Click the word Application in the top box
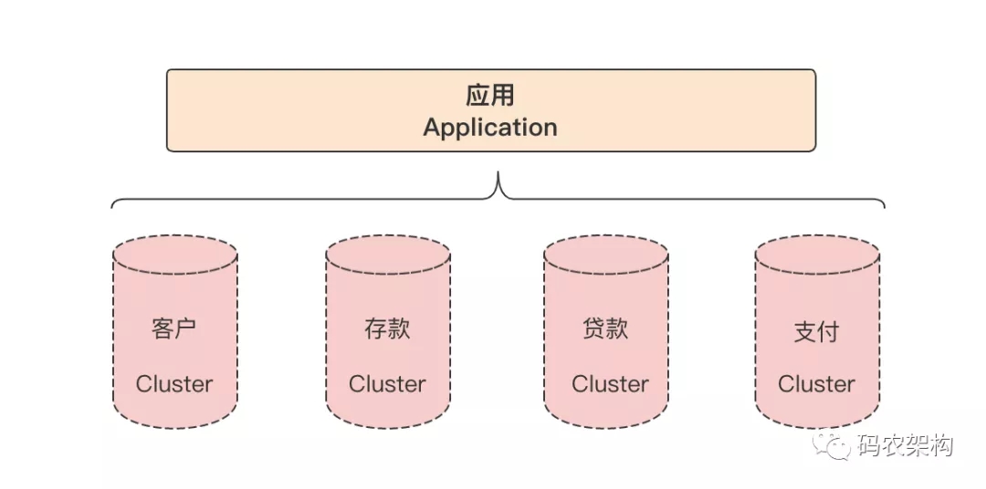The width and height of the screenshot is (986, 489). click(x=490, y=127)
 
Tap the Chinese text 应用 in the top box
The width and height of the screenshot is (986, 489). click(x=490, y=96)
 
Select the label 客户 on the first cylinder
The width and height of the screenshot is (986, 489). click(x=173, y=328)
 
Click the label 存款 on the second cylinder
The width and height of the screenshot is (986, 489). click(x=387, y=328)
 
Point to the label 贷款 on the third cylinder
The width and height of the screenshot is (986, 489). click(x=605, y=328)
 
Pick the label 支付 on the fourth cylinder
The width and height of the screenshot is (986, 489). click(x=816, y=331)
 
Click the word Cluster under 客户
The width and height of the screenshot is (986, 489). click(x=173, y=384)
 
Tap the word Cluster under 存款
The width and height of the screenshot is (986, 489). click(x=387, y=384)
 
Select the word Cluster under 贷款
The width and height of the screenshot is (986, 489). click(x=610, y=384)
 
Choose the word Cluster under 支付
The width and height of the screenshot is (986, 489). click(x=816, y=384)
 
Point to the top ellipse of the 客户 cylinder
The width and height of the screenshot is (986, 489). click(x=175, y=255)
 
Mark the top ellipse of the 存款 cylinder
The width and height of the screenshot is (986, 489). click(x=388, y=255)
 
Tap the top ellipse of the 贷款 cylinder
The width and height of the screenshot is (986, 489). click(x=606, y=255)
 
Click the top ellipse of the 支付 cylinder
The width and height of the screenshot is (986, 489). click(x=817, y=255)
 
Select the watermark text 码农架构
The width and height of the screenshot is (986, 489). click(x=905, y=446)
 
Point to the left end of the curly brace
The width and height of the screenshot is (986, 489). click(x=113, y=206)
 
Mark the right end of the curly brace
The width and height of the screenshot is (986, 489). click(x=884, y=206)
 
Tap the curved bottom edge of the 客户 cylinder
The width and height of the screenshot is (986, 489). click(x=175, y=426)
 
